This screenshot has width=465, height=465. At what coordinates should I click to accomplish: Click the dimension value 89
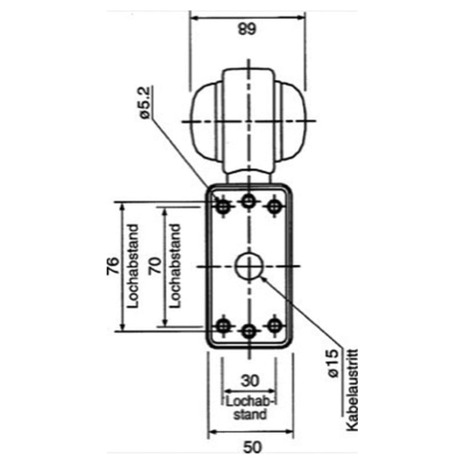coord(247,30)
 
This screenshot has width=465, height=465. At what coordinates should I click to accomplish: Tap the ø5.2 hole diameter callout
coord(145,104)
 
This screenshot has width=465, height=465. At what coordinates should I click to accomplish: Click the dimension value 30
coord(250,381)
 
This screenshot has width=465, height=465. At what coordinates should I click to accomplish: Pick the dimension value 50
coord(252,447)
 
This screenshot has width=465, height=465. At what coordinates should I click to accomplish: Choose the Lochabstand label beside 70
coord(175,266)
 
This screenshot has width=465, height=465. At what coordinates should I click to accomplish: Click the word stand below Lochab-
coord(250,413)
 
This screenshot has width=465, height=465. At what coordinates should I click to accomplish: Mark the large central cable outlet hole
coord(249,266)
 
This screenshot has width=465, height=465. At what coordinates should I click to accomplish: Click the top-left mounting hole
coord(224,206)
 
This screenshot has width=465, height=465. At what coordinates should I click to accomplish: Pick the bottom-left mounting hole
coord(224,325)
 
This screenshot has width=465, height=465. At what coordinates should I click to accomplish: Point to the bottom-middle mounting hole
coord(249,331)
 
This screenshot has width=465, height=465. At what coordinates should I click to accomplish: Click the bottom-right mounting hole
coord(275,325)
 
